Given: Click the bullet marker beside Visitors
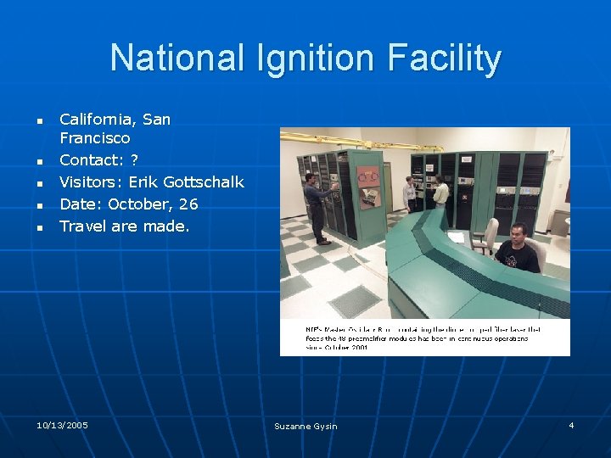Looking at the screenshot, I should click(39, 182).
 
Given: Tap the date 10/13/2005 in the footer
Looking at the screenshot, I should click(63, 424).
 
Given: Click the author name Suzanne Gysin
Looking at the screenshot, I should click(305, 426).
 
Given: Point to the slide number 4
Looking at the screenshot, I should click(571, 424).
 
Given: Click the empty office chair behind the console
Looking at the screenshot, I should click(486, 234).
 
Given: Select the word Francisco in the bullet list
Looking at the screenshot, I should click(95, 137).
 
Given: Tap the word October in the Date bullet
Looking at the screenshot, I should click(140, 204).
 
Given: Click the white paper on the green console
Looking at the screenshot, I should click(457, 237).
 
